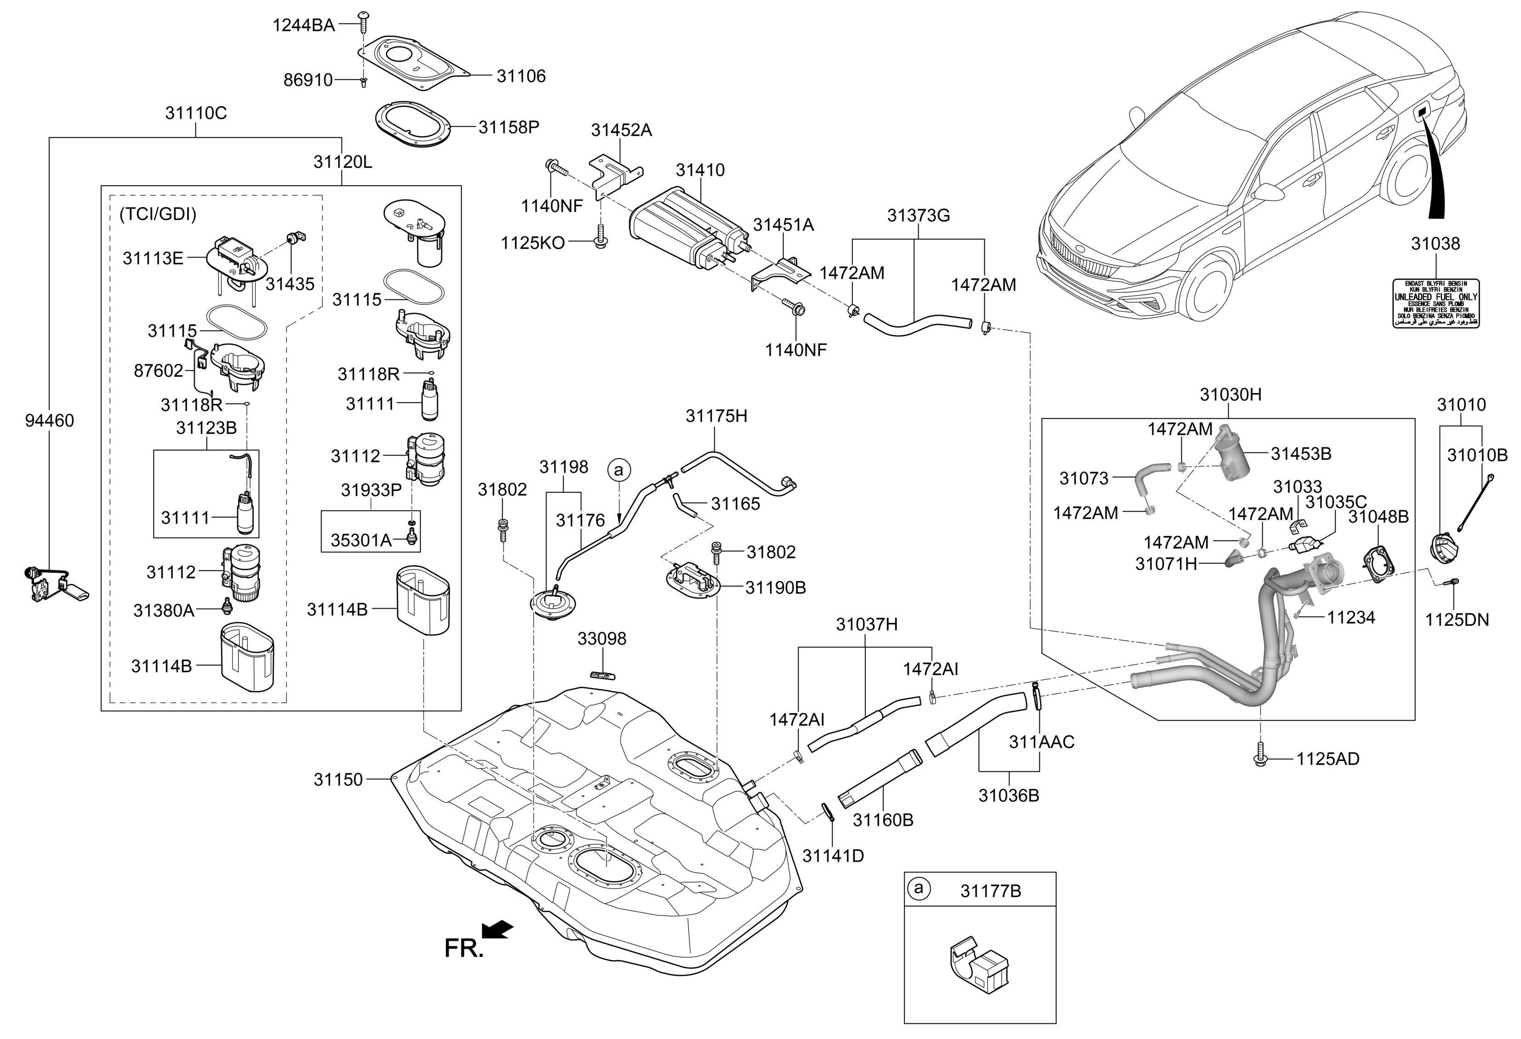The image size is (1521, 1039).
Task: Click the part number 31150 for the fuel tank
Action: point(337,779)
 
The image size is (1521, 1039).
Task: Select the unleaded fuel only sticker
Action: point(1435,303)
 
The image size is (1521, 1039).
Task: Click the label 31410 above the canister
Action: point(700,170)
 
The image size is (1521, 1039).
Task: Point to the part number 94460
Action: point(50,420)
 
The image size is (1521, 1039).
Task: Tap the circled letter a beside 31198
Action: point(618,470)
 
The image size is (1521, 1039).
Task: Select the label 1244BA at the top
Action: point(303,26)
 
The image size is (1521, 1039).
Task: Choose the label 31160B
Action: point(883,820)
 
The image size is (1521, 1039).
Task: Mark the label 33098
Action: point(601,639)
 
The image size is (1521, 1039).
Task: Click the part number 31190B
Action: point(776,588)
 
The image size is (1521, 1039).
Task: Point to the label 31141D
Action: point(833,856)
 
